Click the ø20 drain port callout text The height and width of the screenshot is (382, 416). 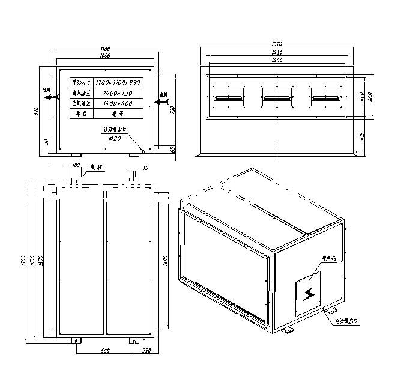point(115,138)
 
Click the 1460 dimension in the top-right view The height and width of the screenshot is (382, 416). point(277,53)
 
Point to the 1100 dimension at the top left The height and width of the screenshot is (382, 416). point(106,47)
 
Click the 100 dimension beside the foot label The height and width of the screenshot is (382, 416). point(76,164)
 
